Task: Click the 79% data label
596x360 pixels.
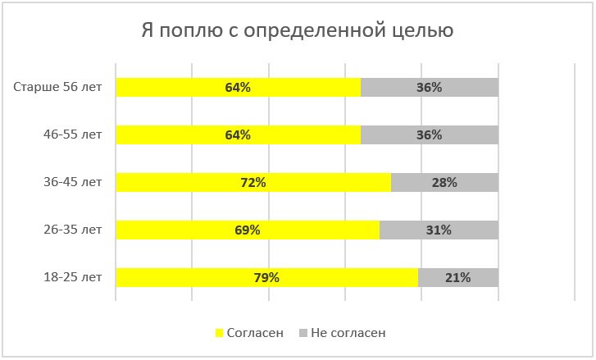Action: tap(266, 277)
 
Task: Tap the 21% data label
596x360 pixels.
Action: tap(457, 277)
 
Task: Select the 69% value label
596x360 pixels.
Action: tap(248, 230)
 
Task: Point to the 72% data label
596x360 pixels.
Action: tap(253, 182)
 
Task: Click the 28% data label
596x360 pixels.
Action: tap(444, 182)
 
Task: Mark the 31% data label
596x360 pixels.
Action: tap(439, 230)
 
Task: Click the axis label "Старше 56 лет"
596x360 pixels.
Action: tap(58, 87)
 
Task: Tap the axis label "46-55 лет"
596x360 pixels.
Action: tap(73, 134)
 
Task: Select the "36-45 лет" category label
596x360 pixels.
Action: tap(73, 182)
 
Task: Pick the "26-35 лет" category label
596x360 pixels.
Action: tap(73, 230)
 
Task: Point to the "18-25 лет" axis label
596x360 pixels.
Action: tap(73, 277)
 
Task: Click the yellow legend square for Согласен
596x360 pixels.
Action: tap(219, 333)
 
